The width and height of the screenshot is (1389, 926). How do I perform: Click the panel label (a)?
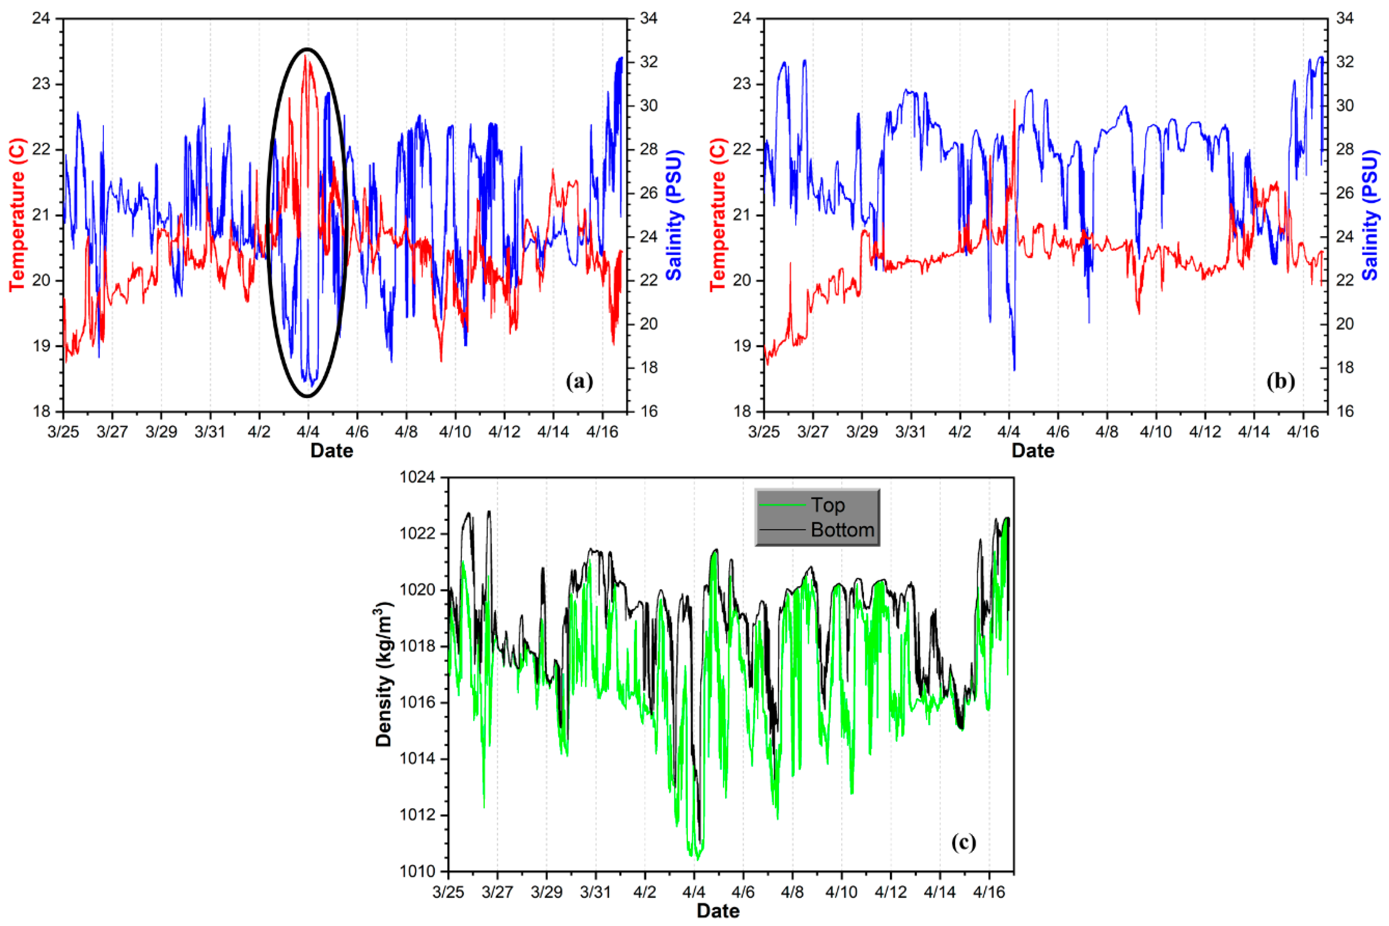(x=579, y=382)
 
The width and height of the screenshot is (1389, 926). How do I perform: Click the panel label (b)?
(x=1280, y=382)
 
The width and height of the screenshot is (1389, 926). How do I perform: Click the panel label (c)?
(x=963, y=842)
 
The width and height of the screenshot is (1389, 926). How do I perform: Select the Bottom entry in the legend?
(x=842, y=530)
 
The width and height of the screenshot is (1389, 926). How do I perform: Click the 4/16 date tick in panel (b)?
(x=1303, y=432)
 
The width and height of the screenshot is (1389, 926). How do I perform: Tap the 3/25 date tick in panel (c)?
(x=448, y=892)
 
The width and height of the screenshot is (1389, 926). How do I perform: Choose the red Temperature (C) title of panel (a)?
(x=18, y=215)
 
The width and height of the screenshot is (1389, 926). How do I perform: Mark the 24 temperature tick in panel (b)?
(x=742, y=18)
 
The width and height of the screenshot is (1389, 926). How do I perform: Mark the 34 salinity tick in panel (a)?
(x=648, y=18)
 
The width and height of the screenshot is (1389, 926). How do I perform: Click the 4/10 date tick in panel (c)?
(x=841, y=892)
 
